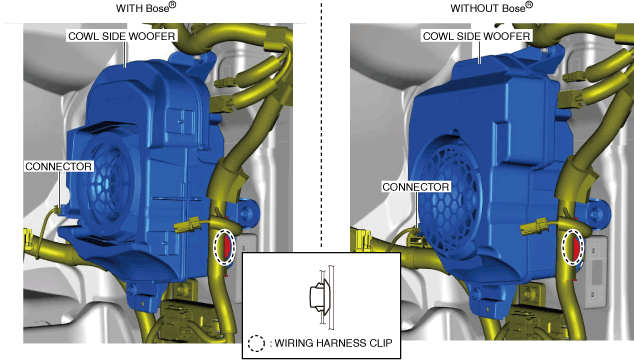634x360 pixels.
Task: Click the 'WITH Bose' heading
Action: (146, 7)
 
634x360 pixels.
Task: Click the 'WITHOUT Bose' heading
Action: (492, 7)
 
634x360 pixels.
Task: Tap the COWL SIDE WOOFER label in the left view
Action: (121, 36)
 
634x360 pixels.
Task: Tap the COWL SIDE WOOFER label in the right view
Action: (476, 36)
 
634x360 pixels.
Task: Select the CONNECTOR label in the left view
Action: (59, 166)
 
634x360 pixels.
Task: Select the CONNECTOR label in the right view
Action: (416, 187)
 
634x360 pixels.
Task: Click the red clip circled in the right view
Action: (576, 248)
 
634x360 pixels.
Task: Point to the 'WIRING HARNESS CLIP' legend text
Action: (333, 343)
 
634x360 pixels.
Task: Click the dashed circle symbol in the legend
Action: (256, 343)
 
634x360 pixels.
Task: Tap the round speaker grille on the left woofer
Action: (108, 178)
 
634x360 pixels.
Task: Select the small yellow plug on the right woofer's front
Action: (535, 226)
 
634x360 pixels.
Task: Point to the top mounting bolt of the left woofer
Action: (197, 57)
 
